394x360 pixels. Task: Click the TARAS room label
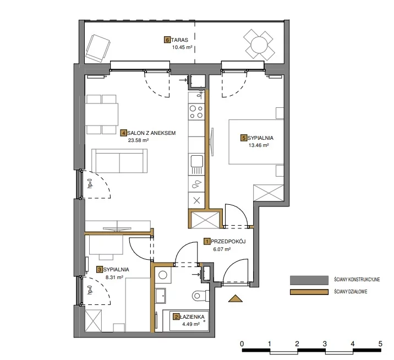click(179, 40)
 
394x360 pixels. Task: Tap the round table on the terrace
click(259, 45)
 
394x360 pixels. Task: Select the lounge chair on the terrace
click(98, 48)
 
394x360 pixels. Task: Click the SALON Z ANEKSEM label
click(151, 133)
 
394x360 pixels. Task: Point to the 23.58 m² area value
click(138, 140)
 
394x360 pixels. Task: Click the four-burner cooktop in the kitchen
click(196, 112)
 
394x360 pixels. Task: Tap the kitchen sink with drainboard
click(196, 165)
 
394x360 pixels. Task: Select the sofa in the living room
click(119, 161)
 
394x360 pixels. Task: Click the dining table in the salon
click(101, 114)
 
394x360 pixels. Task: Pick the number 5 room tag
click(243, 138)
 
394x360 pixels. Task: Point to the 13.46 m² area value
click(259, 145)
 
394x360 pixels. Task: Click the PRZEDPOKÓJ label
click(228, 242)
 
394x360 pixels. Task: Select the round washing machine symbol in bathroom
click(163, 275)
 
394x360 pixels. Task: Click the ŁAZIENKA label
click(192, 317)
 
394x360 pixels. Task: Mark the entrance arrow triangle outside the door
click(236, 298)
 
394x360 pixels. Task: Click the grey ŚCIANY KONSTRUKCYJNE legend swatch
click(309, 280)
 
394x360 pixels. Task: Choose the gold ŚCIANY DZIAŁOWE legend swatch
click(309, 292)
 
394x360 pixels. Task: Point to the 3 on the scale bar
click(325, 343)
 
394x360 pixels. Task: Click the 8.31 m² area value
click(114, 277)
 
